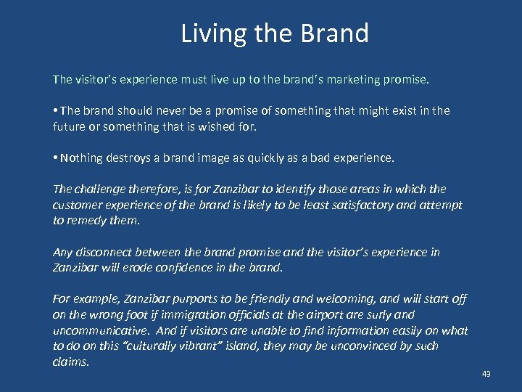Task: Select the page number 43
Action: [x=486, y=374]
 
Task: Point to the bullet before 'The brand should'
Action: [x=56, y=111]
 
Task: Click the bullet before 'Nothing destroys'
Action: [x=56, y=158]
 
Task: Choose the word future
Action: [x=70, y=126]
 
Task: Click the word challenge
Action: [x=99, y=189]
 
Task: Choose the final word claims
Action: [x=70, y=362]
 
